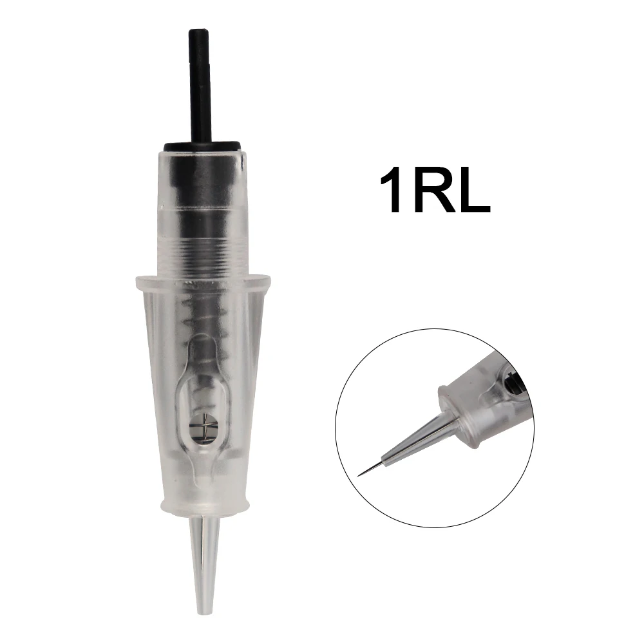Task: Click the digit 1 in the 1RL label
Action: click(390, 189)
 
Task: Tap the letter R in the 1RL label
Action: click(433, 189)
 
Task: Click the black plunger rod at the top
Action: click(199, 86)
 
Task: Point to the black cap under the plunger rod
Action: click(202, 146)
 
